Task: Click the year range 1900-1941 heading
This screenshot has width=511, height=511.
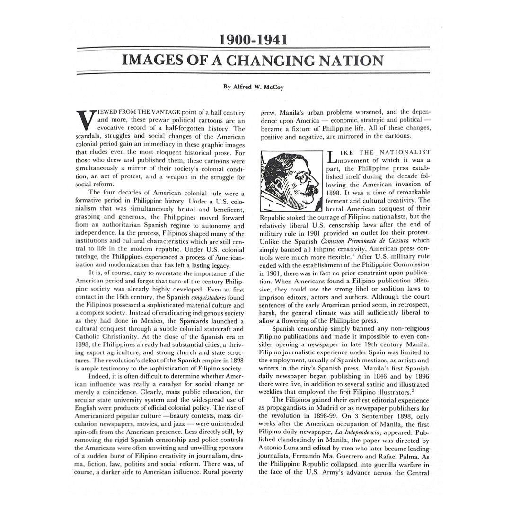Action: [x=253, y=40]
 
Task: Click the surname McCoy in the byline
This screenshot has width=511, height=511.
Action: [x=274, y=87]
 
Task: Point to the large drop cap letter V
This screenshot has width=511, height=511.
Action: [x=84, y=120]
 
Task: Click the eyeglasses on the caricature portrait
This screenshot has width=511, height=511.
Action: [x=300, y=178]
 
